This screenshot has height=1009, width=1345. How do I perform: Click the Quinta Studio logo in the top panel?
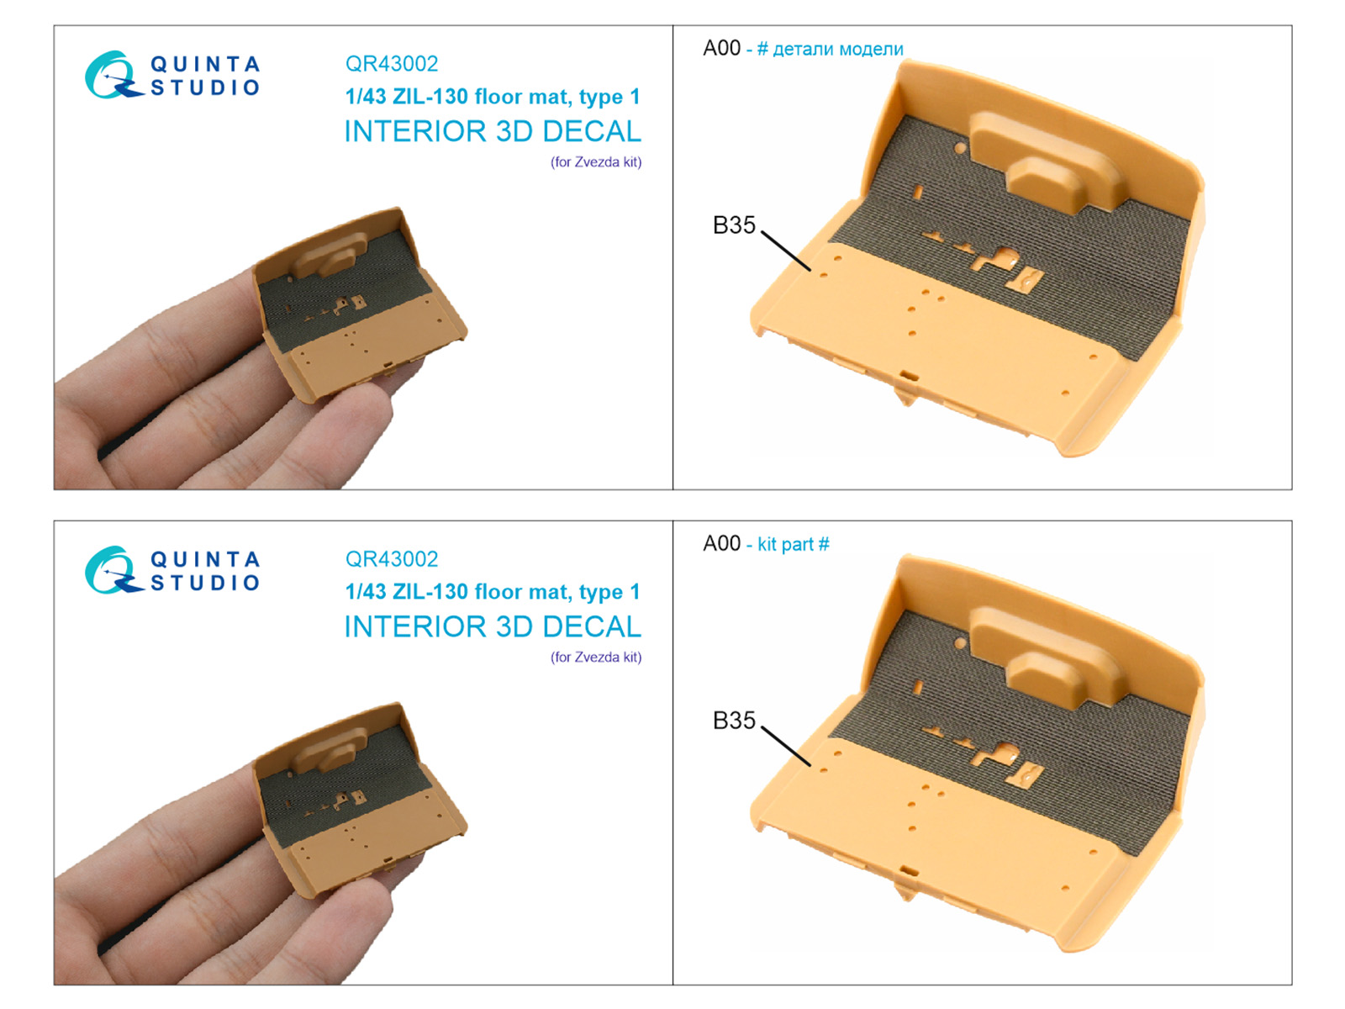172,75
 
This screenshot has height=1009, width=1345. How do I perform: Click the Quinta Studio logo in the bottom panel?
172,570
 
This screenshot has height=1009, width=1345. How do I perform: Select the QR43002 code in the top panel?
392,64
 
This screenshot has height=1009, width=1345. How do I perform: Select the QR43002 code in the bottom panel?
392,558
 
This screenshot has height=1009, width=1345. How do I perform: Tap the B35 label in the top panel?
734,225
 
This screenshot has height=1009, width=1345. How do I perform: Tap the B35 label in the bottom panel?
734,721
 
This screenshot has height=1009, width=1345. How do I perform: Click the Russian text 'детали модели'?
837,49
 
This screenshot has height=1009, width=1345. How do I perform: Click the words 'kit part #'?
794,544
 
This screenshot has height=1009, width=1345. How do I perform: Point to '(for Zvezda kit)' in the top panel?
596,162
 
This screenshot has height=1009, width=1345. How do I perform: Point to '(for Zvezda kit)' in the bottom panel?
596,658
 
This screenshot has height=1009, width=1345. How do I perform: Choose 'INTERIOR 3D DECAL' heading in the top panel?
493,131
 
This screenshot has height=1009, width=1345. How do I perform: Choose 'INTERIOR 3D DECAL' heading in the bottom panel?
493,626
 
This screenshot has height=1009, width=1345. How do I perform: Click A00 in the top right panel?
722,48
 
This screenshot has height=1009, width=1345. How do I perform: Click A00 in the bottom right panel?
722,543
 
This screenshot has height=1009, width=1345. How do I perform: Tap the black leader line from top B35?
786,251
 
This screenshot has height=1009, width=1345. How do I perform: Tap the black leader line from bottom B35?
786,746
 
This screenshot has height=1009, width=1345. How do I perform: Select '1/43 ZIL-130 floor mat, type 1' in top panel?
493,97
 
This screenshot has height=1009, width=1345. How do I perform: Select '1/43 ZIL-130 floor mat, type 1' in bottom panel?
493,592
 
